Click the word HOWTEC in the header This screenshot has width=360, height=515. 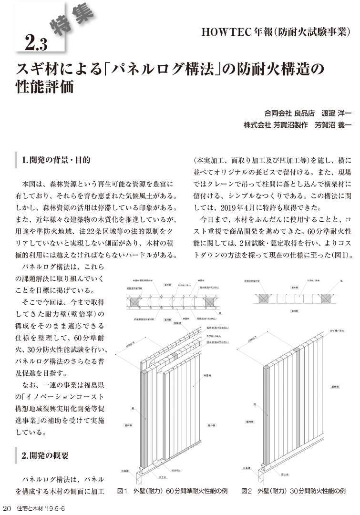(224, 32)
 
